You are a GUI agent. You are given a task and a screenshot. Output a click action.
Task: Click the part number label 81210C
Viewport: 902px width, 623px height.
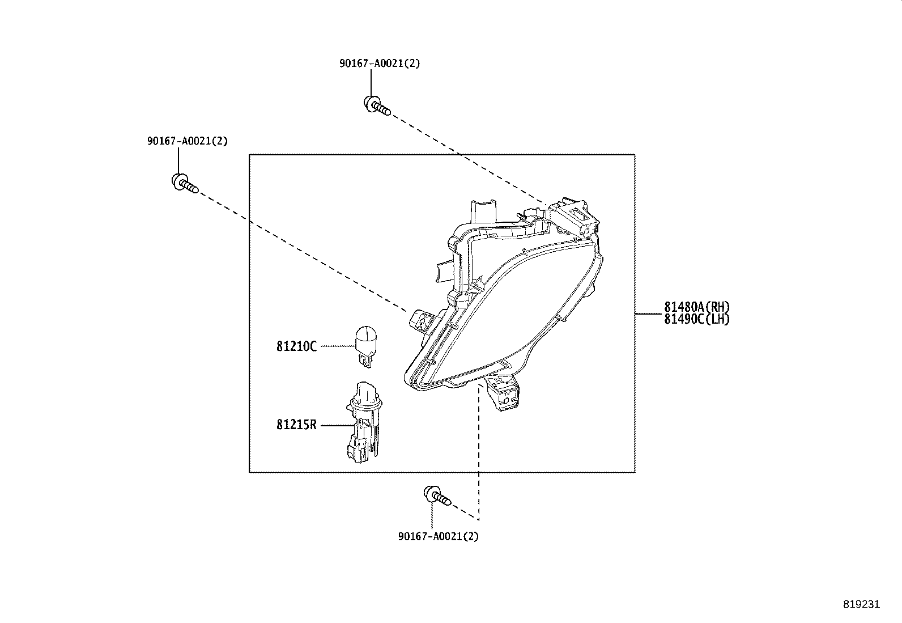point(296,346)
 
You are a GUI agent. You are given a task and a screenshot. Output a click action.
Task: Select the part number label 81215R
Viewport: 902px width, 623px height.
point(296,425)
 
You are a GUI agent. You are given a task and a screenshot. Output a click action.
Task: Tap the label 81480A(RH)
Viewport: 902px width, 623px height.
point(697,307)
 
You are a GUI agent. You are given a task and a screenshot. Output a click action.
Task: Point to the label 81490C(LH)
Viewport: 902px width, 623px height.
point(697,319)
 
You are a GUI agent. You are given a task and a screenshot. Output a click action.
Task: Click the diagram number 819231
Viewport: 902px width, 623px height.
point(862,604)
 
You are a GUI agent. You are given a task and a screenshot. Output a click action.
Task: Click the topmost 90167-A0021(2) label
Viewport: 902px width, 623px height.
point(380,63)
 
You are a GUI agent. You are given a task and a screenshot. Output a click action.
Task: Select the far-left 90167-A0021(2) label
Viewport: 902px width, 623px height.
point(187,141)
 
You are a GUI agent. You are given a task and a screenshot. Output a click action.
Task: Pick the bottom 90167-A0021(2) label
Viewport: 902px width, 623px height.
point(439,536)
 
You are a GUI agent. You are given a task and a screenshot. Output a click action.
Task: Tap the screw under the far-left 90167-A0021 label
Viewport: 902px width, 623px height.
point(185,183)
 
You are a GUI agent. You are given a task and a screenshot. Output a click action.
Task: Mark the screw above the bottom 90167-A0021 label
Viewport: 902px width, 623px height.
point(437,495)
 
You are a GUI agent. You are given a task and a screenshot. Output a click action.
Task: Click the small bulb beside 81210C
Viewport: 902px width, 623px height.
point(365,346)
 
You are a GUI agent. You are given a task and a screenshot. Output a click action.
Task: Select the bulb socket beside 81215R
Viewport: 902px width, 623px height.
point(364,422)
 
